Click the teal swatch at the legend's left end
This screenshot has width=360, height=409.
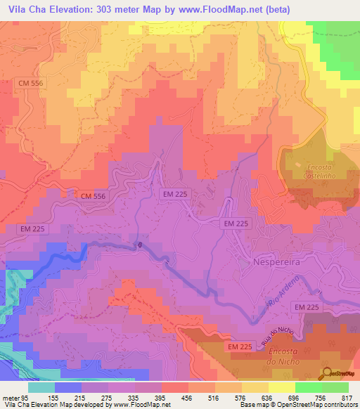[41, 387]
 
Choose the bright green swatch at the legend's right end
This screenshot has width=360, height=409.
[335, 387]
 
